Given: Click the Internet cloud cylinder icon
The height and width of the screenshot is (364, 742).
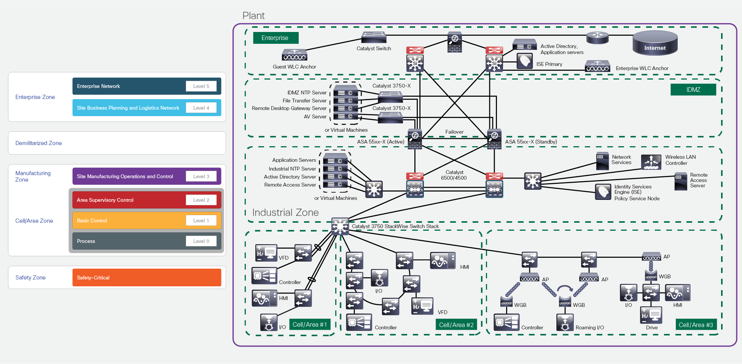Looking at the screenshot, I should click(655, 43).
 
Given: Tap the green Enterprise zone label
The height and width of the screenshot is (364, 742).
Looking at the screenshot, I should click(275, 38).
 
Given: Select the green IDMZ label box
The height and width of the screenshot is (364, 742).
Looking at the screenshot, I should click(693, 89).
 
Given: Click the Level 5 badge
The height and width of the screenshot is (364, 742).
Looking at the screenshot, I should click(201, 86).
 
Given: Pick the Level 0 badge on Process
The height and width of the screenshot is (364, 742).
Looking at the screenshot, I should click(201, 241).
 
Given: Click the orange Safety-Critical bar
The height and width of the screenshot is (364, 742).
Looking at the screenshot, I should click(146, 278).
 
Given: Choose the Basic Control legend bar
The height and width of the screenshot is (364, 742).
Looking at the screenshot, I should click(146, 220).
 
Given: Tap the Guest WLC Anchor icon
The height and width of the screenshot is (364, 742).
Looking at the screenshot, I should click(294, 55).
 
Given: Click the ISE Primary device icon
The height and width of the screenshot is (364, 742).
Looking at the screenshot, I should click(524, 61).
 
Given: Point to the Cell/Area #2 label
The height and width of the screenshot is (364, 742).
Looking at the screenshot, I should click(456, 325).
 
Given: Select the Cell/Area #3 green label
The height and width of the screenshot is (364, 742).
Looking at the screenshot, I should click(696, 325).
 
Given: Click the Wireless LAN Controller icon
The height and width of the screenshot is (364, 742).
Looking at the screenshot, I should click(651, 162).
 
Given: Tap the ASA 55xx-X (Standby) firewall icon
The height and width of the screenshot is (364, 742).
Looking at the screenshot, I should click(494, 139).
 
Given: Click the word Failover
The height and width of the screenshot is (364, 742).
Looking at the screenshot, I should click(454, 132).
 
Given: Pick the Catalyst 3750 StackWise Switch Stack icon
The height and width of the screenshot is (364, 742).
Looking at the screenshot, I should click(340, 226).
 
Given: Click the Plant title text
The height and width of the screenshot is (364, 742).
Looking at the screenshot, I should click(253, 16).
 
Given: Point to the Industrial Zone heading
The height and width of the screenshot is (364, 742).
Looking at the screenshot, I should click(285, 212).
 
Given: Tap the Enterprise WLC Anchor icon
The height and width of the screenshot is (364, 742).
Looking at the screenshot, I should click(597, 66).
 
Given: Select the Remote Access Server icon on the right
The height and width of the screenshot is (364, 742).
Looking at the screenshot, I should click(680, 181).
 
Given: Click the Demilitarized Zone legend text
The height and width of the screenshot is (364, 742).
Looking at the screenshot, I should click(38, 143).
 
